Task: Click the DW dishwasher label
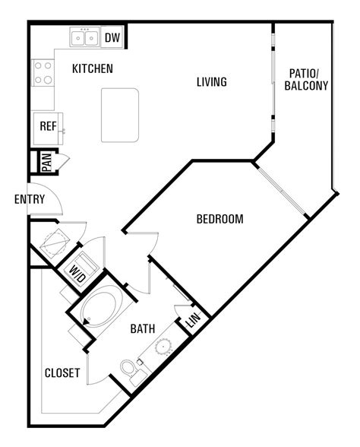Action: (x=112, y=37)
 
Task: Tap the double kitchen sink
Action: (x=84, y=37)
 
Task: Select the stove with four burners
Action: (x=43, y=73)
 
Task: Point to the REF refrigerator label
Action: (x=48, y=126)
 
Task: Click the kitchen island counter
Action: (x=120, y=116)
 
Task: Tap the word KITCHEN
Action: (x=93, y=68)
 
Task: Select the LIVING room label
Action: (x=212, y=82)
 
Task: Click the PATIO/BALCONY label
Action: (x=306, y=80)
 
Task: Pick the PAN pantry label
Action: (x=47, y=162)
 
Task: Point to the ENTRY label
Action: (x=30, y=199)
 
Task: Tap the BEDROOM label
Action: (x=220, y=219)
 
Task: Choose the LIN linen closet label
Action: (x=194, y=320)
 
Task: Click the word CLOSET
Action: (x=62, y=372)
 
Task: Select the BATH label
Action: (x=143, y=328)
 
